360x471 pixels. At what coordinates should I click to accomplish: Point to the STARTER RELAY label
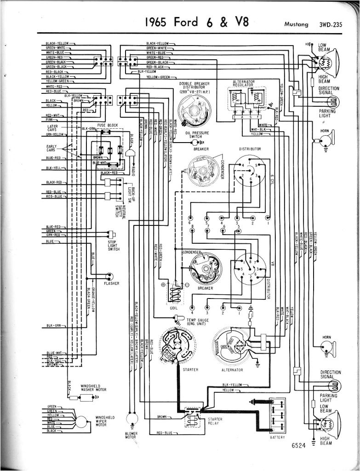click(216, 422)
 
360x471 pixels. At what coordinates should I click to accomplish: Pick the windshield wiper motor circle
click(83, 420)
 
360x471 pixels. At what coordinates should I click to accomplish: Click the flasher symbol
click(109, 276)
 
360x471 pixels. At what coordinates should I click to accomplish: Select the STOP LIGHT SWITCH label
click(114, 245)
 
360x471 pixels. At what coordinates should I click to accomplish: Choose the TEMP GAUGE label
click(198, 321)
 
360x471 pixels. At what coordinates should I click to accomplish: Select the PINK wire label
click(50, 119)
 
